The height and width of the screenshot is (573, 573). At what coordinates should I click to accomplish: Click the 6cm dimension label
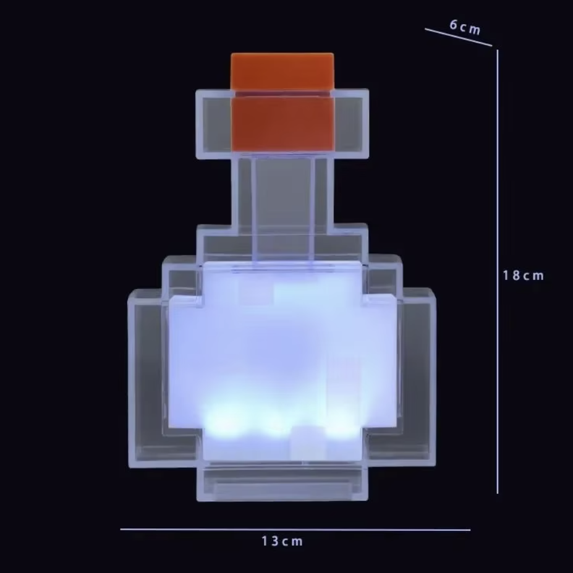[465, 27]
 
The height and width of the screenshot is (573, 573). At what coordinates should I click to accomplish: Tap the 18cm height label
[524, 276]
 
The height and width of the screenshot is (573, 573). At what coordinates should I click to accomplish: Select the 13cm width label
[282, 541]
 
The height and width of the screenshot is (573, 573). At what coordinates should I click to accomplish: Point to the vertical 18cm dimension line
[498, 271]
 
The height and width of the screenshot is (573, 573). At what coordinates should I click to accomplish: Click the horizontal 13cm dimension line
[295, 529]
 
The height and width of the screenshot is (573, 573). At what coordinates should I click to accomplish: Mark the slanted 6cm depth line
[459, 37]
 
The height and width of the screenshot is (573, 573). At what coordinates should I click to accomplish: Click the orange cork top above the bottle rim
[282, 72]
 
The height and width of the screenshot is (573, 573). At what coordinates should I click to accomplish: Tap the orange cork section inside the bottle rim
[282, 124]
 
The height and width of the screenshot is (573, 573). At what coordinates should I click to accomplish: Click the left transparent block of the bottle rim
[214, 124]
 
